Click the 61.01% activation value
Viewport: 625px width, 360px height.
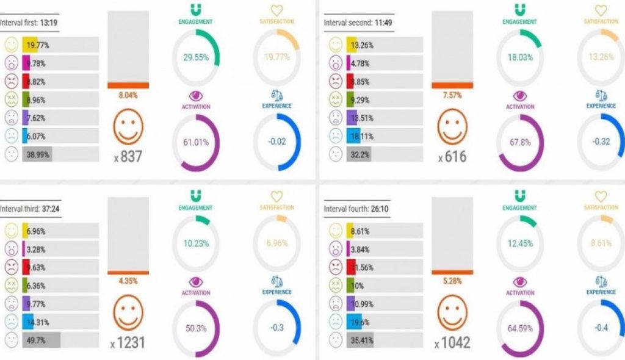click(197, 142)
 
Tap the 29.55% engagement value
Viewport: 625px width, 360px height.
click(197, 58)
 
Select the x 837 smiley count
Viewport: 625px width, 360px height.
click(128, 157)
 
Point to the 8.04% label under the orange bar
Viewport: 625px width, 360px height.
click(128, 96)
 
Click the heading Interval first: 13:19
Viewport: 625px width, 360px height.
click(29, 23)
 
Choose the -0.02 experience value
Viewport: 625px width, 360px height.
click(276, 142)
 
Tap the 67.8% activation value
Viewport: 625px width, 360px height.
click(521, 142)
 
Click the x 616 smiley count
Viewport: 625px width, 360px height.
click(452, 157)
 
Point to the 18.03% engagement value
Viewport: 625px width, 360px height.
click(521, 58)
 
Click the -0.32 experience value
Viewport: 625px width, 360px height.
click(601, 142)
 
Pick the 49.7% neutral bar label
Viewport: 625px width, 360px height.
click(36, 340)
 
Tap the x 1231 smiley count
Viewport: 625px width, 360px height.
click(128, 343)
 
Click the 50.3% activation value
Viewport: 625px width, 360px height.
click(197, 328)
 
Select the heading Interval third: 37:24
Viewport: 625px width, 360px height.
click(30, 208)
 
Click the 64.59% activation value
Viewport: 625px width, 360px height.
click(521, 328)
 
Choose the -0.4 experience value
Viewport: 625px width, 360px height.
click(601, 328)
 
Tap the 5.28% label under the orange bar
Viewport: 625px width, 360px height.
click(452, 281)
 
